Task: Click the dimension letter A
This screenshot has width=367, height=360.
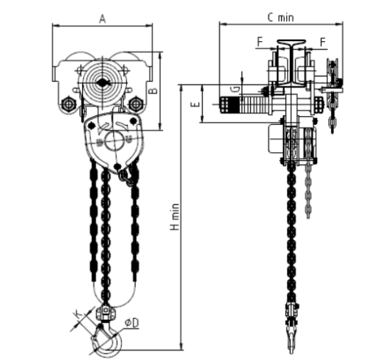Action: point(103,19)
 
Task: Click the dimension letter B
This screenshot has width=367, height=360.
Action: point(153,91)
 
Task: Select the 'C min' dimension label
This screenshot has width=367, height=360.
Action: point(280,18)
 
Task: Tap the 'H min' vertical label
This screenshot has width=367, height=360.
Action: point(175,217)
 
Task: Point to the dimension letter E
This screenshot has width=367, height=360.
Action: point(195,104)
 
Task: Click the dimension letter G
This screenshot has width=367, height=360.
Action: point(236,90)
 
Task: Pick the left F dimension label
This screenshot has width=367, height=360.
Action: point(260,42)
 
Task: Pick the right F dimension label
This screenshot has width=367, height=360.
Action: point(323,42)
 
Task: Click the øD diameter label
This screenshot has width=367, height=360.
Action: point(131,323)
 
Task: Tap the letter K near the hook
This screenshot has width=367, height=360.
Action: point(78,314)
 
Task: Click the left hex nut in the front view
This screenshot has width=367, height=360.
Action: point(68,105)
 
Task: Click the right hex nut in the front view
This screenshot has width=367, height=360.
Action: point(135,104)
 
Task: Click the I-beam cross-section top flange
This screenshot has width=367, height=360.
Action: point(291,41)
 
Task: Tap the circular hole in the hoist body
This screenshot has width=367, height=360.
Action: point(115,142)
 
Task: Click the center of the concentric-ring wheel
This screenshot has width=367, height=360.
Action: point(103,83)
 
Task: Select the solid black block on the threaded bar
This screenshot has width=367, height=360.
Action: point(233,105)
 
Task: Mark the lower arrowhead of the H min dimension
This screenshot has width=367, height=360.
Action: point(181,348)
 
